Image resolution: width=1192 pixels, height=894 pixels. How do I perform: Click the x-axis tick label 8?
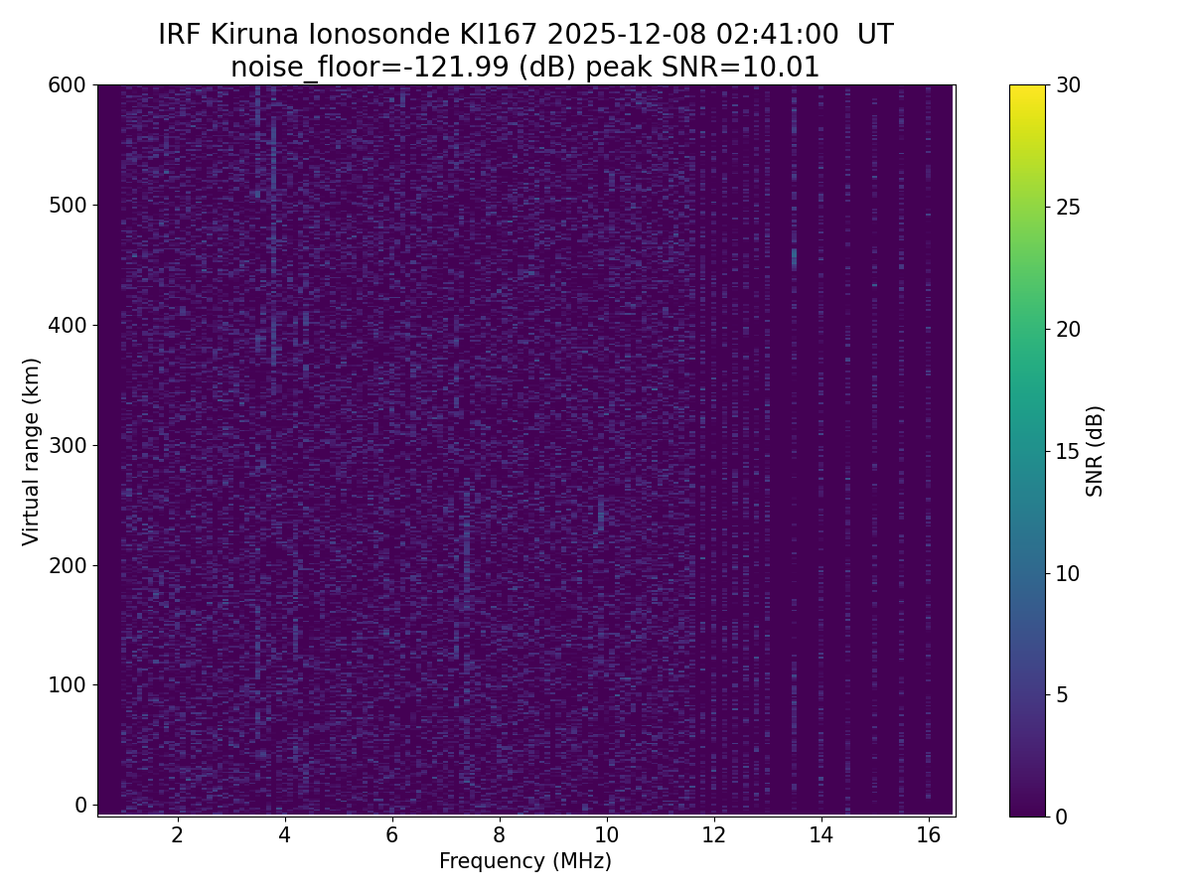pos(499,834)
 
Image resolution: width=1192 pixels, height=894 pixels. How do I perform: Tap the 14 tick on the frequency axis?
pos(820,834)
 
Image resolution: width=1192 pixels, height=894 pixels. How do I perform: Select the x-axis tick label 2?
pos(177,834)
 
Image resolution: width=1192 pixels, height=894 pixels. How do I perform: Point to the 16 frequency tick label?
pos(928,834)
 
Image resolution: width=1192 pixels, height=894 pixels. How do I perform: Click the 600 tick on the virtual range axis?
pos(68,85)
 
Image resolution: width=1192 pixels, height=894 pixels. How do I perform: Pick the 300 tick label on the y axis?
pos(68,445)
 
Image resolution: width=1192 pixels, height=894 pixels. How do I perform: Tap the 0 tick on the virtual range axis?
pos(81,805)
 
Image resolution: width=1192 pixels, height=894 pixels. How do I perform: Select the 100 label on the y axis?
pos(68,684)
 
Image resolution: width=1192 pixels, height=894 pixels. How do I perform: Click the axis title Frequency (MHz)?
pos(525,861)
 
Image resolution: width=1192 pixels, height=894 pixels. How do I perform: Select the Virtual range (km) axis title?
pos(32,451)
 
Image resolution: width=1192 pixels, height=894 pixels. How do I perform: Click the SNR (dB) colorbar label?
pos(1095,451)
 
